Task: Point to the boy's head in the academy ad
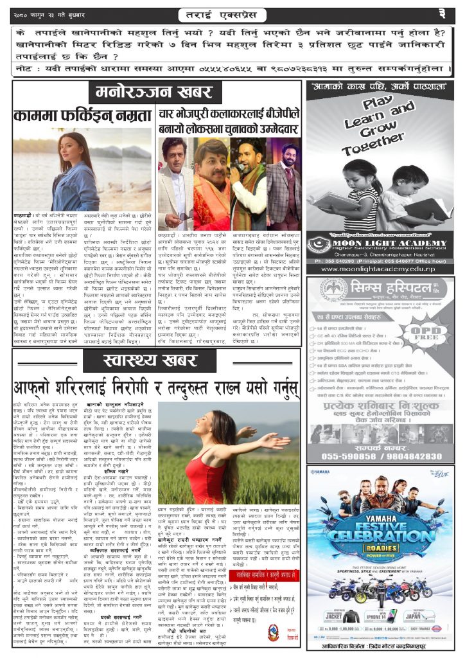pyautogui.click(x=399, y=177)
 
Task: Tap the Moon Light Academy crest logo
pyautogui.click(x=319, y=245)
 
